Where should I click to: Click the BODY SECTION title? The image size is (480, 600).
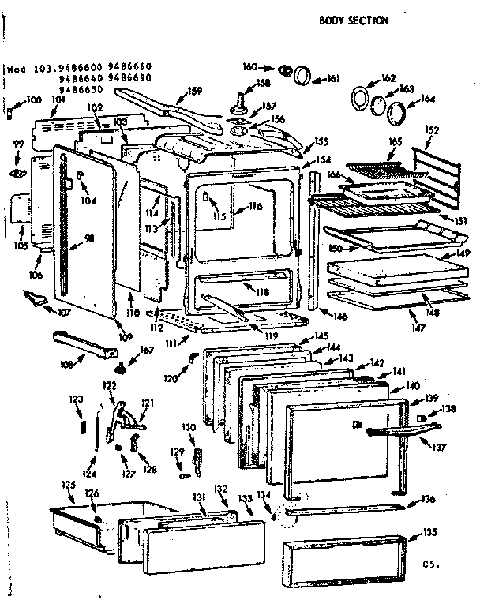point(353,21)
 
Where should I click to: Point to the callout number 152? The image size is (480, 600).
point(431,130)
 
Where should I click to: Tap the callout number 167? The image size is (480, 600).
point(146,351)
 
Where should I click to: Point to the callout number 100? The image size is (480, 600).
point(34,100)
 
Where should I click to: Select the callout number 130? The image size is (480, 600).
point(188,427)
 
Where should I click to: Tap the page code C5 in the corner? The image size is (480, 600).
point(429,564)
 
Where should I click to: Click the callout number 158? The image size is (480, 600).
point(262,83)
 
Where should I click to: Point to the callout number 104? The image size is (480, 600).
point(88,201)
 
